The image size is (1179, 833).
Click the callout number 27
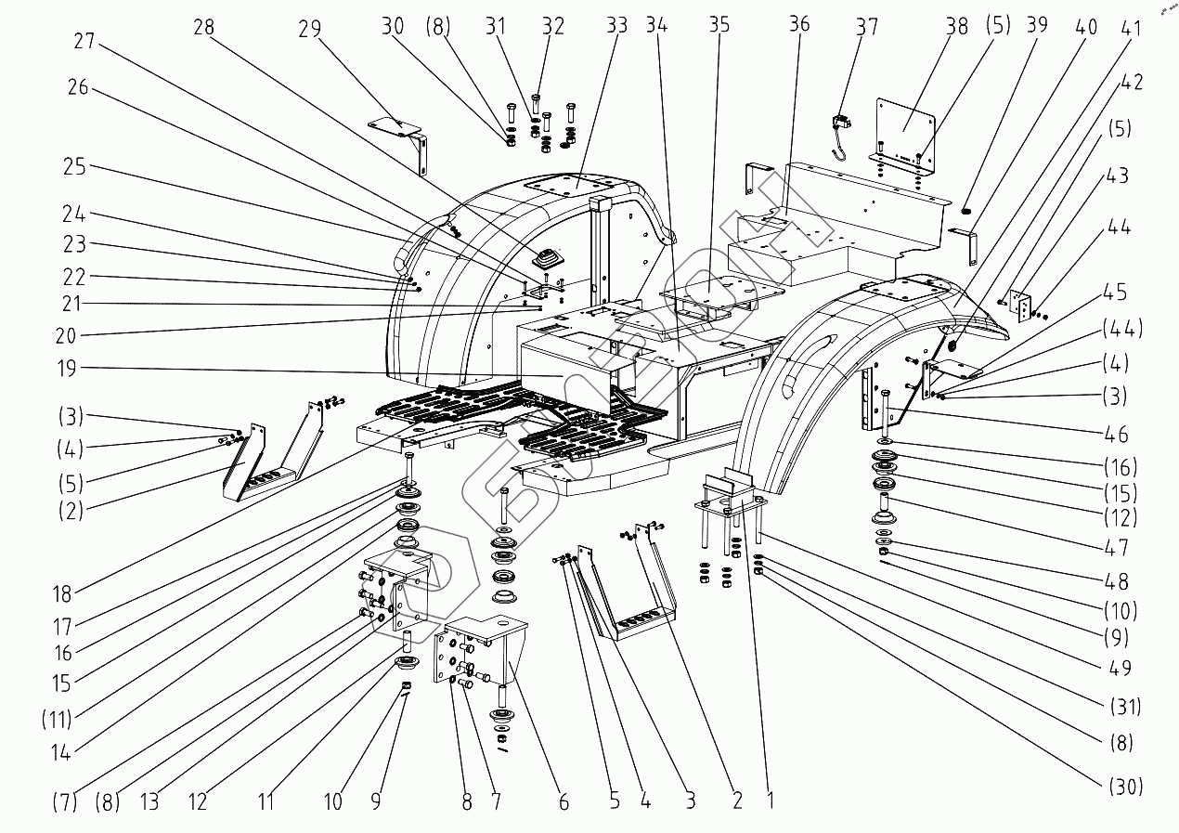(x=84, y=41)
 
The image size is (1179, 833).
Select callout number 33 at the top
(x=616, y=25)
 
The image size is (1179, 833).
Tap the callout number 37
(x=867, y=26)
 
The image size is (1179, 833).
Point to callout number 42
(x=1132, y=82)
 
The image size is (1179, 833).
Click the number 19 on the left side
(x=67, y=369)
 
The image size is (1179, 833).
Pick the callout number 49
(x=1120, y=668)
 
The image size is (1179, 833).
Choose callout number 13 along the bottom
(x=149, y=802)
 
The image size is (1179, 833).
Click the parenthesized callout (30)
(x=1126, y=787)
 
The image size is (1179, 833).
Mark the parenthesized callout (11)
(x=57, y=720)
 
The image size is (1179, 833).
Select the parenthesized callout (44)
(x=1122, y=329)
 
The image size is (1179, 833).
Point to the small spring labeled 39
(x=965, y=210)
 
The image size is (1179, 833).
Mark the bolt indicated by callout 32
(x=537, y=103)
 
